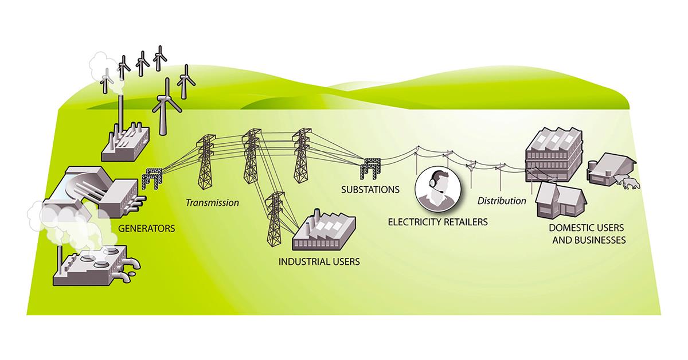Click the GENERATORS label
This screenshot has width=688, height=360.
(x=146, y=228)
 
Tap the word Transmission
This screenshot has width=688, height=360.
(x=212, y=202)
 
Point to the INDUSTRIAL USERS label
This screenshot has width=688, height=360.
(x=319, y=262)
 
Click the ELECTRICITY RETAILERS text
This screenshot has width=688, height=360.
(x=437, y=221)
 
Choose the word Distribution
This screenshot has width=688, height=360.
(x=502, y=201)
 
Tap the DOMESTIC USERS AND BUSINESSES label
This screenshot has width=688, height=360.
(x=588, y=236)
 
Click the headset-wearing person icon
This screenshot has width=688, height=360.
(x=437, y=190)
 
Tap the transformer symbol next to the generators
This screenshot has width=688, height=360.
(x=153, y=178)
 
